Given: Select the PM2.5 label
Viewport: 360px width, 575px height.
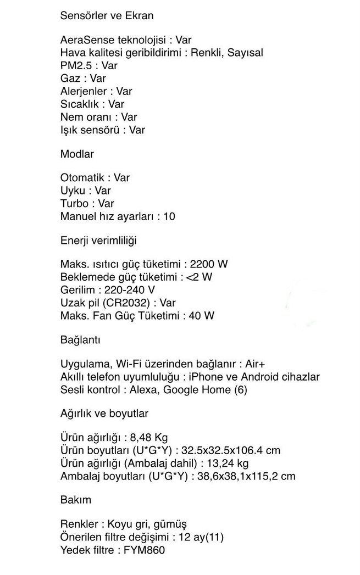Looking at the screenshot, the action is pos(74,65).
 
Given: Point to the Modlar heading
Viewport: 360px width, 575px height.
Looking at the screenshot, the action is pos(76,154).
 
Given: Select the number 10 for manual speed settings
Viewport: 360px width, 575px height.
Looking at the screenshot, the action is pos(169,217).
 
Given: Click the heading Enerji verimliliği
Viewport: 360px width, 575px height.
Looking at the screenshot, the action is pos(98,241).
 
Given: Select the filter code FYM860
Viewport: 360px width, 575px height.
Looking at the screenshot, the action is pos(144,550).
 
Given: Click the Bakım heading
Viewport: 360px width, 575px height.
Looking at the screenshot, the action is pos(75,500).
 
